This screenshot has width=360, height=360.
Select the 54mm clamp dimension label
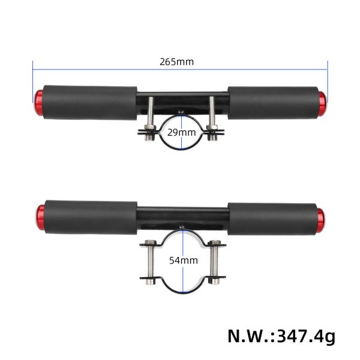tap(182, 261)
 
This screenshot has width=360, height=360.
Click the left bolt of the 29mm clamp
tap(150, 117)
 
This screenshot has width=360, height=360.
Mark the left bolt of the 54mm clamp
tap(149, 262)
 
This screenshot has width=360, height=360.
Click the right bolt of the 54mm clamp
tap(214, 262)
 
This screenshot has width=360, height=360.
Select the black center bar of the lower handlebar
tap(180, 212)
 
